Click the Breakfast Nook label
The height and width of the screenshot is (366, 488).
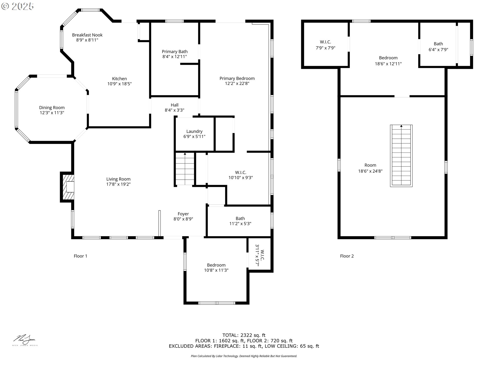click(x=87, y=35)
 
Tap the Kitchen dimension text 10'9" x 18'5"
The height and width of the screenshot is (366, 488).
click(x=119, y=84)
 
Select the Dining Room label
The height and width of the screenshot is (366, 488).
click(x=52, y=108)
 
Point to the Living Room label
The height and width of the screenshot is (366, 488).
click(x=118, y=179)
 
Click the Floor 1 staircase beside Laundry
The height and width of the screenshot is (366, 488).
click(x=185, y=169)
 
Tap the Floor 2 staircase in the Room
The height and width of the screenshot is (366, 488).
click(x=401, y=156)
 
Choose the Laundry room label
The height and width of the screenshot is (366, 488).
click(x=194, y=131)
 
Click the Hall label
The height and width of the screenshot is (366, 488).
click(x=175, y=105)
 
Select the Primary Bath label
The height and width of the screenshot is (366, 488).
click(x=175, y=52)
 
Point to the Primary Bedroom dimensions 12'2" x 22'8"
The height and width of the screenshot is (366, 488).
click(x=237, y=83)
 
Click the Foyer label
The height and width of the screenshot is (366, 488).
click(x=183, y=214)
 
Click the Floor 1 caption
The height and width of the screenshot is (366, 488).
click(x=80, y=256)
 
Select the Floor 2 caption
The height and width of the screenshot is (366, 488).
click(x=347, y=256)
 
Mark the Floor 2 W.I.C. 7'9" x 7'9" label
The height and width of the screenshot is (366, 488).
click(x=326, y=45)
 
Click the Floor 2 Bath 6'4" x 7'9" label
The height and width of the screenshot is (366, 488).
click(x=438, y=47)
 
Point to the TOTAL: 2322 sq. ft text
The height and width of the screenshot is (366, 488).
click(x=244, y=335)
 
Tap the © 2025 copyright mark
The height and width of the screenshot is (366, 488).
click(x=18, y=6)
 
